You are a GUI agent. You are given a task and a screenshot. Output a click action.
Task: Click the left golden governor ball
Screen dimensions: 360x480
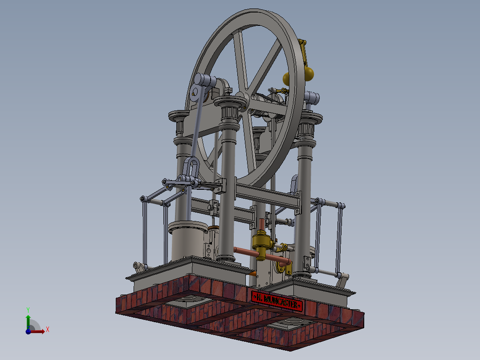(x=287, y=79)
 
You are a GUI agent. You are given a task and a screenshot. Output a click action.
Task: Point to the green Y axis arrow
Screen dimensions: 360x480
(x=28, y=318)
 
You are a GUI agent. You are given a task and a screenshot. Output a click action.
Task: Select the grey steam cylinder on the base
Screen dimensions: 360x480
(x=188, y=241)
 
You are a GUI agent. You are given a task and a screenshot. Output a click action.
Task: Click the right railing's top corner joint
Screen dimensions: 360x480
(x=341, y=205)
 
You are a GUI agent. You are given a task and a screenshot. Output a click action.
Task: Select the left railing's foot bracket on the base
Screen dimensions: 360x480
(x=140, y=267)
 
